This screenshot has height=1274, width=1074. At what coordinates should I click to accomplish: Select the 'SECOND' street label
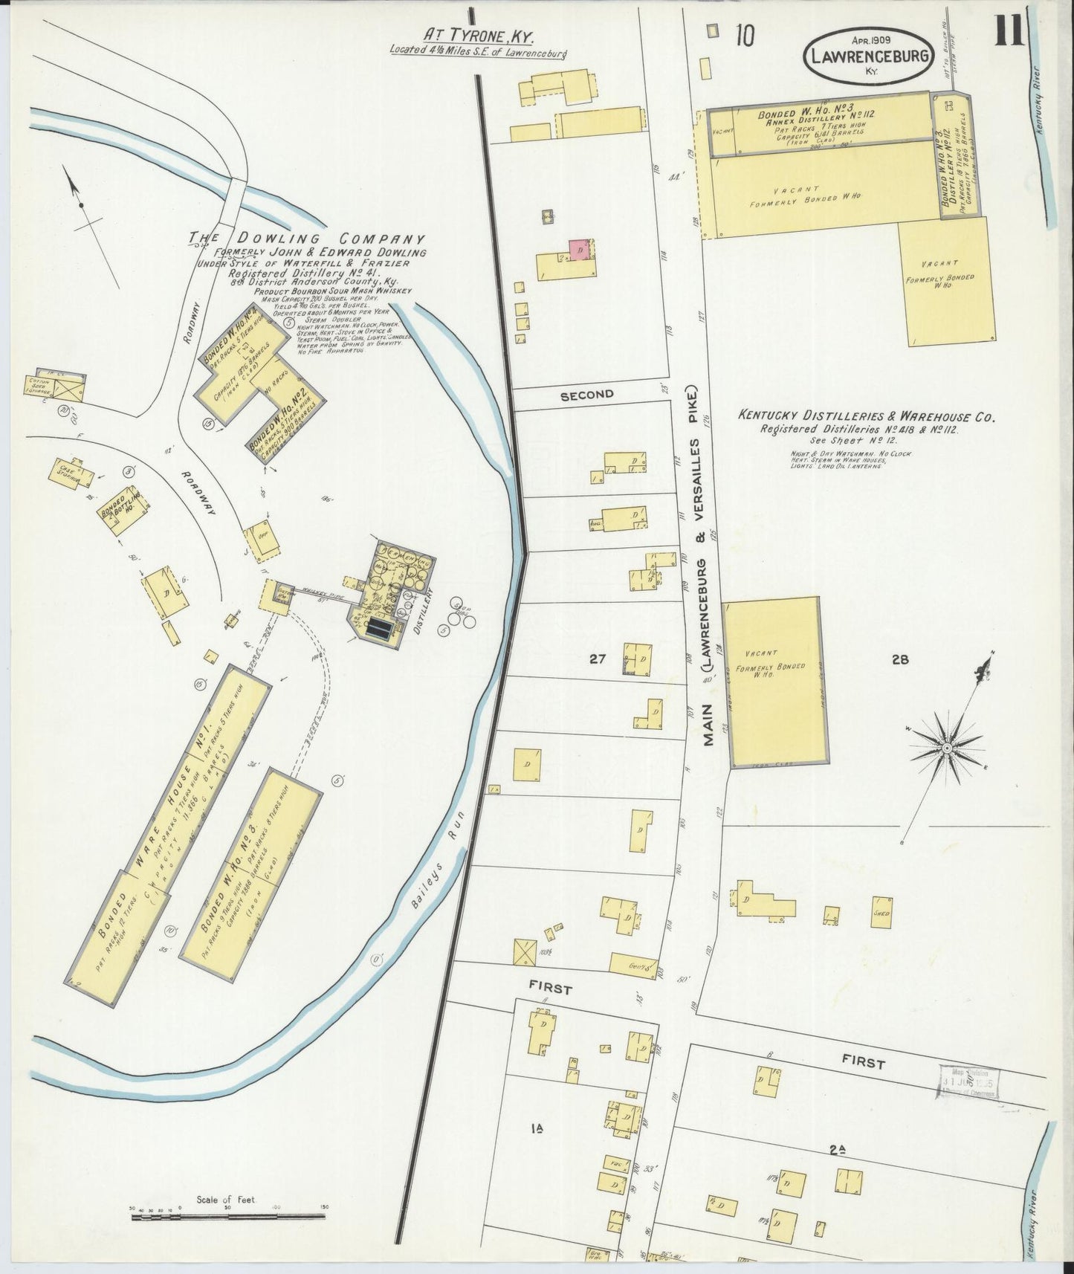(586, 395)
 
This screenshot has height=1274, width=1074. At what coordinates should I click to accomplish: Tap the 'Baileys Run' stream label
(439, 861)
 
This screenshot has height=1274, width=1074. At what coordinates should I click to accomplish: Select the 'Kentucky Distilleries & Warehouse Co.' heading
(867, 417)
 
